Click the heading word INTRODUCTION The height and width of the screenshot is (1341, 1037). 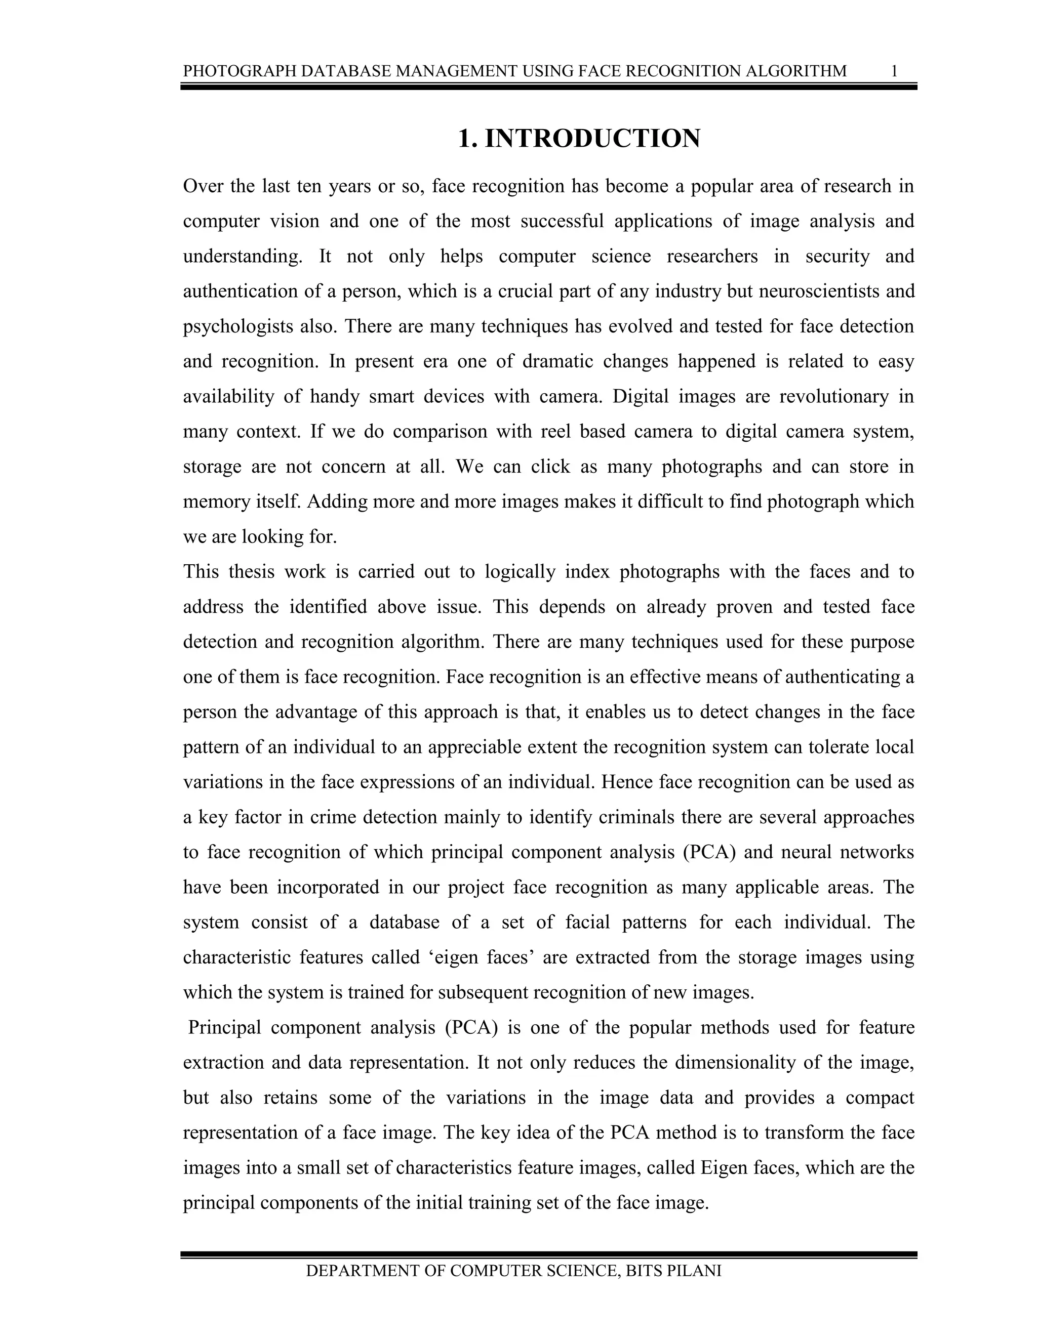click(x=592, y=139)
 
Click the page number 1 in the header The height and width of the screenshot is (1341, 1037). click(x=895, y=71)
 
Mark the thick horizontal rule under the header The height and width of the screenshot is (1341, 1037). click(x=548, y=87)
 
